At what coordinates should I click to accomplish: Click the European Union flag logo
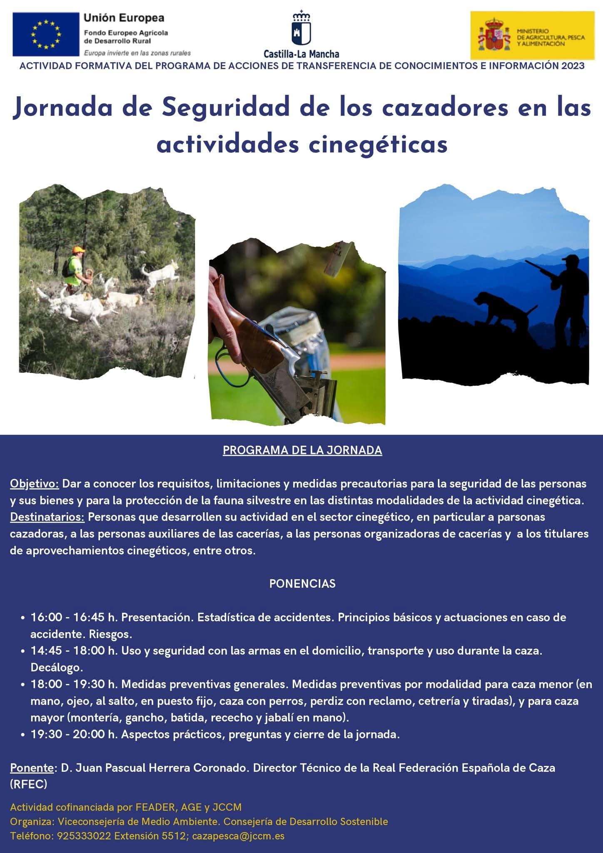pyautogui.click(x=46, y=34)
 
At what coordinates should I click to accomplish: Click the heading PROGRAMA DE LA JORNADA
pyautogui.click(x=302, y=450)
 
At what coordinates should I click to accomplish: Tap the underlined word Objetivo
pyautogui.click(x=35, y=484)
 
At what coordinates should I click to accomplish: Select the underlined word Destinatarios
pyautogui.click(x=47, y=517)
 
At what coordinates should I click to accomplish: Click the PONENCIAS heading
pyautogui.click(x=302, y=584)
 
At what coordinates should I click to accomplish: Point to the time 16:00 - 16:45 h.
pyautogui.click(x=74, y=617)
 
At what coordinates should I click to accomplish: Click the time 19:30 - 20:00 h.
pyautogui.click(x=74, y=734)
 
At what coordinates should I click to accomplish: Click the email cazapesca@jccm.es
pyautogui.click(x=238, y=836)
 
